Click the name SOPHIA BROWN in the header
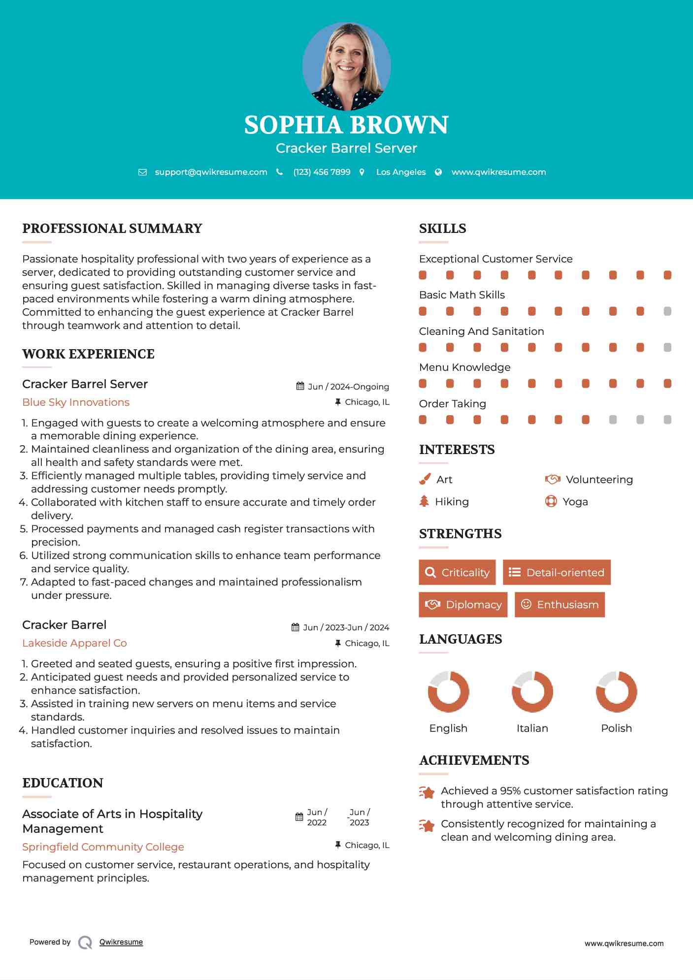346,125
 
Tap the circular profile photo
346,66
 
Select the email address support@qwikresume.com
211,172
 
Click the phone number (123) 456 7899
322,172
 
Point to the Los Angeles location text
400,172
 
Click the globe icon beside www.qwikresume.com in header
438,172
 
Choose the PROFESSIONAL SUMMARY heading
112,229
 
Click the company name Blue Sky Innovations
76,402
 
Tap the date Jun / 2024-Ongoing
348,387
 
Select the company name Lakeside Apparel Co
74,643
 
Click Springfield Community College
103,847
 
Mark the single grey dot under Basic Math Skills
667,311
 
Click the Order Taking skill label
452,404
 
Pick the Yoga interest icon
551,501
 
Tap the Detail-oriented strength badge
557,572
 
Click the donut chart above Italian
532,691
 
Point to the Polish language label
616,728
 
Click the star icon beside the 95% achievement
427,792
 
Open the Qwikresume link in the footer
121,942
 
